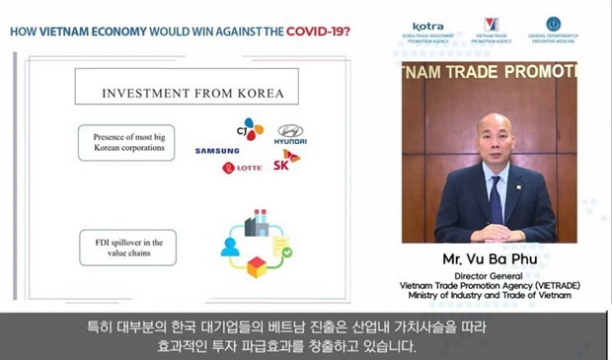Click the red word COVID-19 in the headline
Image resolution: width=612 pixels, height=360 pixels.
tap(318, 31)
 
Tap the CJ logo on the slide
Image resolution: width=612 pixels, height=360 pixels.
tap(254, 128)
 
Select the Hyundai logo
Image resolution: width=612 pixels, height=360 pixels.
tap(291, 133)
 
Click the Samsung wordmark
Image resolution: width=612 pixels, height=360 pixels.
tap(217, 151)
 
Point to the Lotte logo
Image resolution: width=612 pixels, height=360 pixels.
tap(242, 168)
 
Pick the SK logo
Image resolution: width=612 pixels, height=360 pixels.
tap(287, 161)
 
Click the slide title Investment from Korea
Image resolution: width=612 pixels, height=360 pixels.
tap(192, 94)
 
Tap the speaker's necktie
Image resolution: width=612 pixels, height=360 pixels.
tap(495, 196)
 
